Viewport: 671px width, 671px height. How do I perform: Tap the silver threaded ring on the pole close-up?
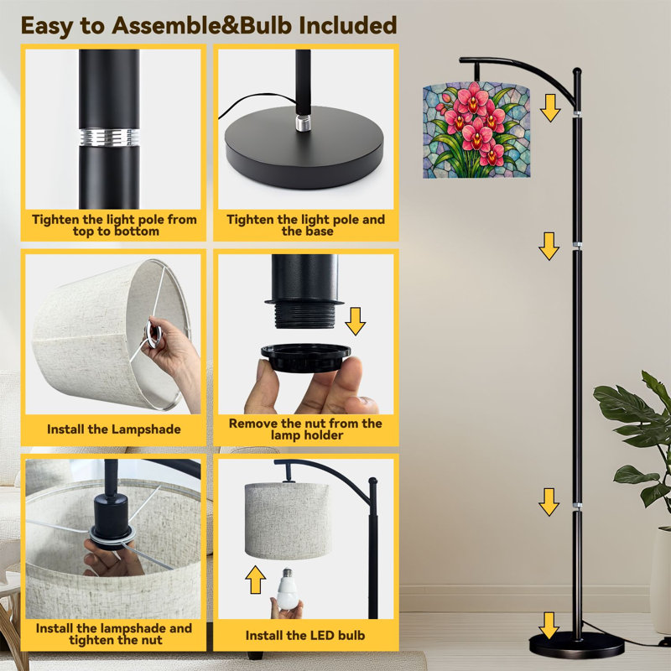tap(109, 137)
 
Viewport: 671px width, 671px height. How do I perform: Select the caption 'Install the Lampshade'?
tap(114, 429)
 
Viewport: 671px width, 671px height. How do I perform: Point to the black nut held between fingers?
tap(305, 358)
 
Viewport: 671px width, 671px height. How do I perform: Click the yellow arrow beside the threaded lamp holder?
tap(355, 321)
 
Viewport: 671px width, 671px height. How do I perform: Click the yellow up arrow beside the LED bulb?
tap(256, 580)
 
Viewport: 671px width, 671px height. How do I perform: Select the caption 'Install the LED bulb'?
tap(305, 636)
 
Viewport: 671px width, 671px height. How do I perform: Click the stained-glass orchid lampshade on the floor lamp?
tap(476, 130)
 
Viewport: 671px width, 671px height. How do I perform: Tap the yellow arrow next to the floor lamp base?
tap(549, 626)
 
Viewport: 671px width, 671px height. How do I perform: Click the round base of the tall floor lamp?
tap(576, 644)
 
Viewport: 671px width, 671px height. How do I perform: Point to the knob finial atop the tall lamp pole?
tap(577, 71)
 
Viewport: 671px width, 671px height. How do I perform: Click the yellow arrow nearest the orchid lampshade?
tap(550, 108)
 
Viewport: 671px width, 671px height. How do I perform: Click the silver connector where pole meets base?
tap(303, 122)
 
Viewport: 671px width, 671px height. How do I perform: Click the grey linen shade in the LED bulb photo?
tap(287, 521)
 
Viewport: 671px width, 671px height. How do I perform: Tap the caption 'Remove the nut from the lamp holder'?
tap(305, 429)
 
